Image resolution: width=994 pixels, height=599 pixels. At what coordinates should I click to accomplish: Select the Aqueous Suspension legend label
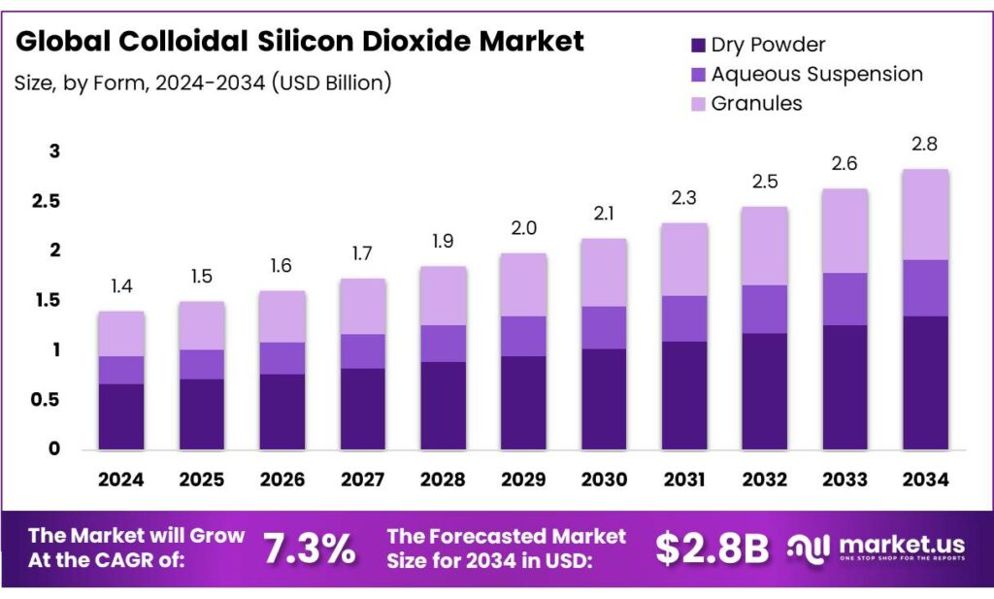[816, 74]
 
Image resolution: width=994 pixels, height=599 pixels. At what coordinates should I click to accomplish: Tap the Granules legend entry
[756, 103]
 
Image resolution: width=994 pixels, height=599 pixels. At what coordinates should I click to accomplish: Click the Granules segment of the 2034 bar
[925, 215]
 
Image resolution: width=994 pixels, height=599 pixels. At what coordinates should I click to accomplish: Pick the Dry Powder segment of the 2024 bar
[121, 416]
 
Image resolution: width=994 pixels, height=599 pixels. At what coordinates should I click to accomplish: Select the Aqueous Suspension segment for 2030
[604, 327]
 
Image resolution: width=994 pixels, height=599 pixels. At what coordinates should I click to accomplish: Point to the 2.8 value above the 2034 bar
[925, 144]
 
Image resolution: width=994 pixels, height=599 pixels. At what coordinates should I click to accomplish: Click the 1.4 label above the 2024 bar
[121, 286]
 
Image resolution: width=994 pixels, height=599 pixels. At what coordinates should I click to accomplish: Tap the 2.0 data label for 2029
[523, 228]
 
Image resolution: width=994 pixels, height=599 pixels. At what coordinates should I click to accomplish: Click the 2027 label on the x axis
[362, 479]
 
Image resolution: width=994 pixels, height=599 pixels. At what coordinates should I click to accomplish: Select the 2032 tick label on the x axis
[764, 479]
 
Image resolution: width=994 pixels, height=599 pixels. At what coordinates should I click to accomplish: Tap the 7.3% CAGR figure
[310, 549]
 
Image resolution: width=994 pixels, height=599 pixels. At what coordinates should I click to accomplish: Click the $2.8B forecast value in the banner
[712, 549]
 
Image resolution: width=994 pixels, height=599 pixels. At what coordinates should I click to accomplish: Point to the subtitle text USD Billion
[334, 83]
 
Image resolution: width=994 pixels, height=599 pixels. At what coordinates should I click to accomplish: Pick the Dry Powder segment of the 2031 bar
[684, 395]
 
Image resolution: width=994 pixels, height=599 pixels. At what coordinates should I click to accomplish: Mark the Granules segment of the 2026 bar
[282, 316]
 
